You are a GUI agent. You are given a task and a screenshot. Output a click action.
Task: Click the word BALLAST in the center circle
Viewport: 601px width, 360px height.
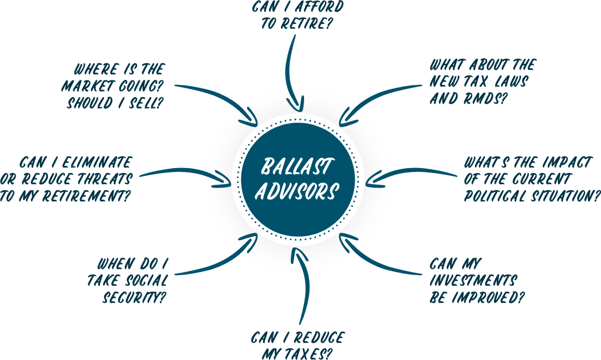tap(297, 166)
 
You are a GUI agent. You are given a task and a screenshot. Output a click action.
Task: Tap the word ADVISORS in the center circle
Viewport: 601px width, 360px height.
tap(300, 191)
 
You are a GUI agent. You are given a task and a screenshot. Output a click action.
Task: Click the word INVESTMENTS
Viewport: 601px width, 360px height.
tap(473, 280)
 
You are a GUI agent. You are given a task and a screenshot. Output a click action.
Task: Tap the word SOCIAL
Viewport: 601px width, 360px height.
tap(142, 280)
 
